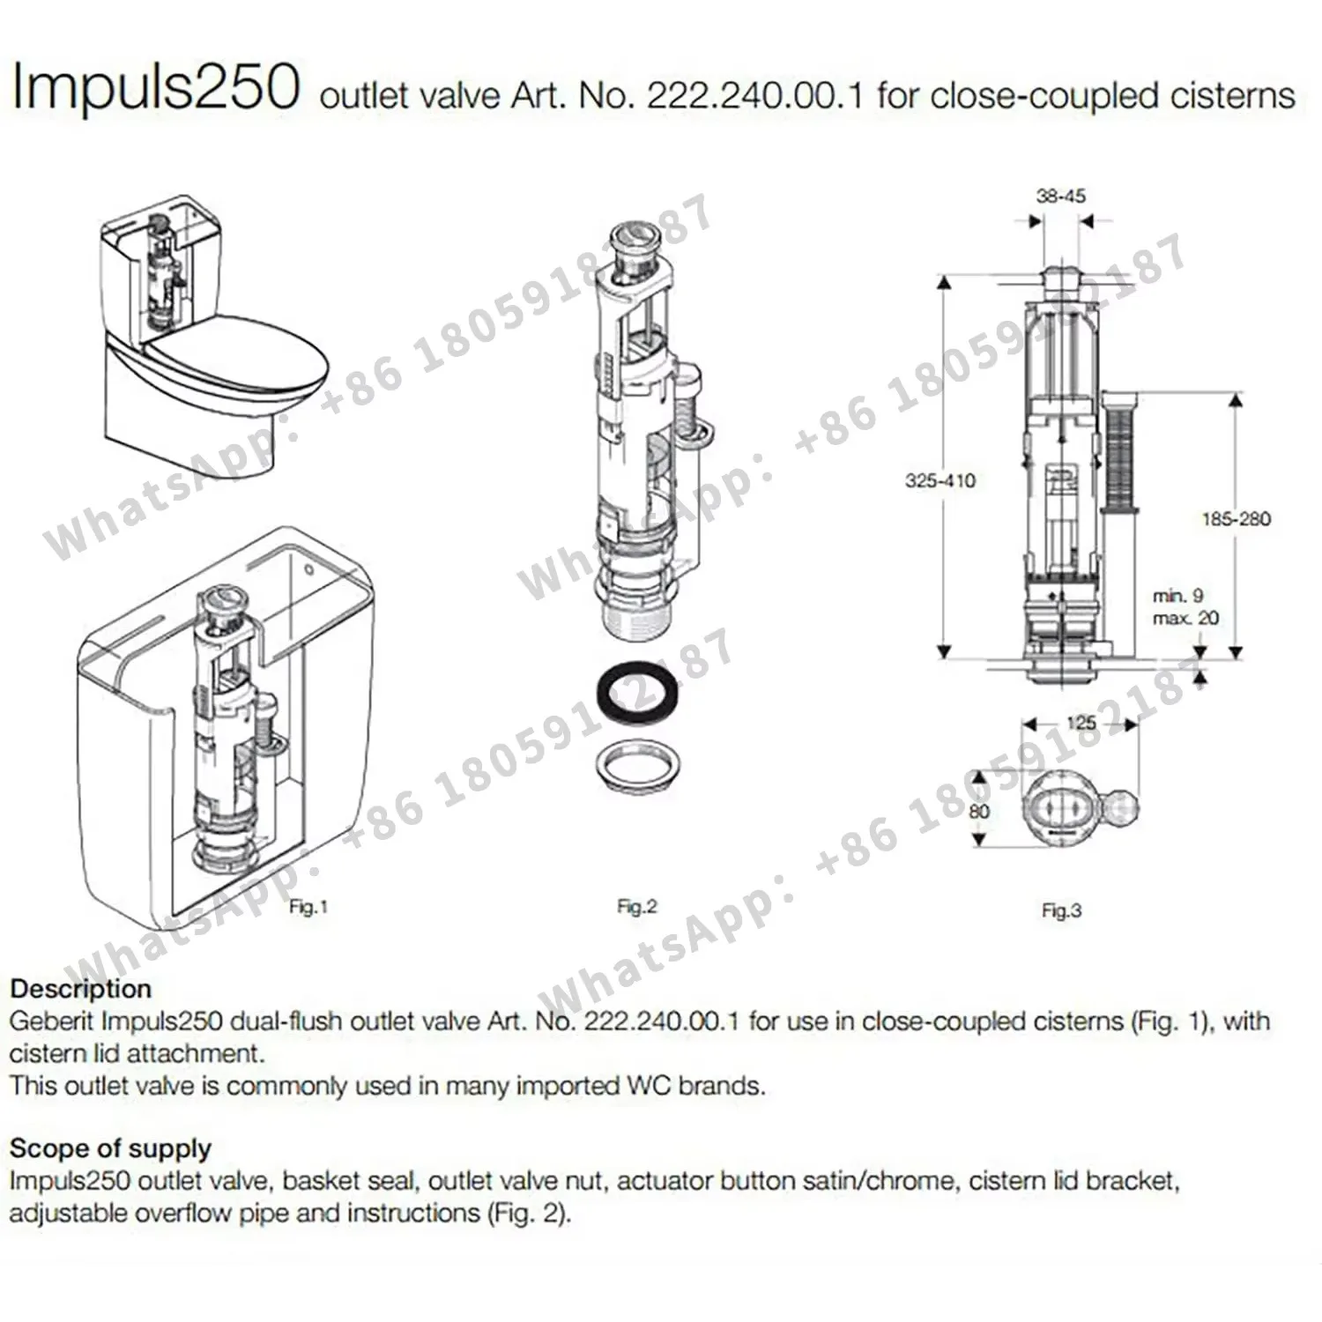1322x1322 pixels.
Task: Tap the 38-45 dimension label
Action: [x=1060, y=196]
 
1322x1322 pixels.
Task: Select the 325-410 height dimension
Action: [x=940, y=480]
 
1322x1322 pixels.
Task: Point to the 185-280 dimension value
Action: [x=1236, y=519]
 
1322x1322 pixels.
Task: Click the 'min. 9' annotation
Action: [x=1177, y=596]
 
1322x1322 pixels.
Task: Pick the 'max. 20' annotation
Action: [x=1185, y=619]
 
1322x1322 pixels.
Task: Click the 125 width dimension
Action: [x=1081, y=723]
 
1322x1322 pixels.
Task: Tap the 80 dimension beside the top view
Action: [x=979, y=811]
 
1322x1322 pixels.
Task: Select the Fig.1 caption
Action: [x=308, y=906]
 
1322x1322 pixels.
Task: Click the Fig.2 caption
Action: [x=636, y=906]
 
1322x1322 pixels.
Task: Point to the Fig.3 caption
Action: [x=1060, y=910]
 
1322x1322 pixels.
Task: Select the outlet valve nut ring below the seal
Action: [x=637, y=762]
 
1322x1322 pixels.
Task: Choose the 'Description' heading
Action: [x=80, y=988]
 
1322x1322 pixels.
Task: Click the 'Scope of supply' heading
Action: [x=110, y=1148]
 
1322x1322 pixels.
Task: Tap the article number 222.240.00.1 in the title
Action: [x=755, y=95]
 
